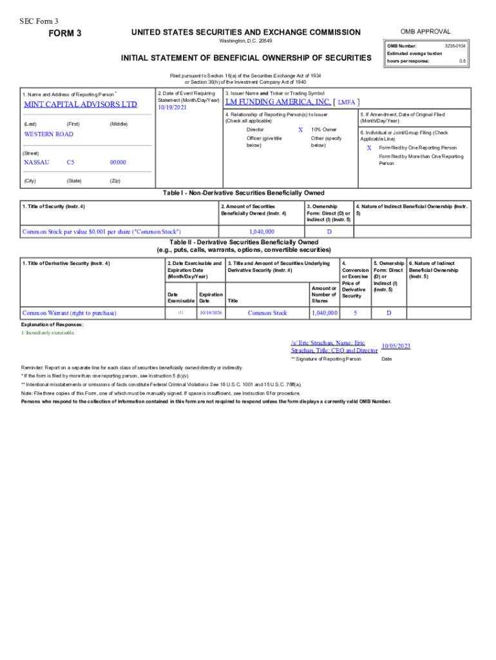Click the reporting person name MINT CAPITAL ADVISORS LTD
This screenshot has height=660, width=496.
coord(81,104)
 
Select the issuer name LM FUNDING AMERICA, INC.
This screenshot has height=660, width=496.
coord(278,102)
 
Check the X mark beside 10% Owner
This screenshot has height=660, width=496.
coord(300,130)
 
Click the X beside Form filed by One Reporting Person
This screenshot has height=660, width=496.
coord(369,148)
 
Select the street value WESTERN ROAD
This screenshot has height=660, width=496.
coord(48,134)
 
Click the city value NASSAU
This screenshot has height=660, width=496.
coord(36,162)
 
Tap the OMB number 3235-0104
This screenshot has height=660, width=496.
coord(455,46)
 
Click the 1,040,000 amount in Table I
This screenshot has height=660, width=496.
coord(262,231)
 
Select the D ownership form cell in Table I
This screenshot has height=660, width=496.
coord(329,231)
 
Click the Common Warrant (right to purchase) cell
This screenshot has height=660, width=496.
coord(69,313)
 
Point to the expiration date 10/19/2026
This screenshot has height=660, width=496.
coord(210,313)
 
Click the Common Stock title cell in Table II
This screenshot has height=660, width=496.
coord(267,313)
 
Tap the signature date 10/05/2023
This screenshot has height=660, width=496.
coord(396,346)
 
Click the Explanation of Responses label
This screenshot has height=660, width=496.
coord(52,324)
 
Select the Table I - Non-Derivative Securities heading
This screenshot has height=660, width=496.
coord(243,193)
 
